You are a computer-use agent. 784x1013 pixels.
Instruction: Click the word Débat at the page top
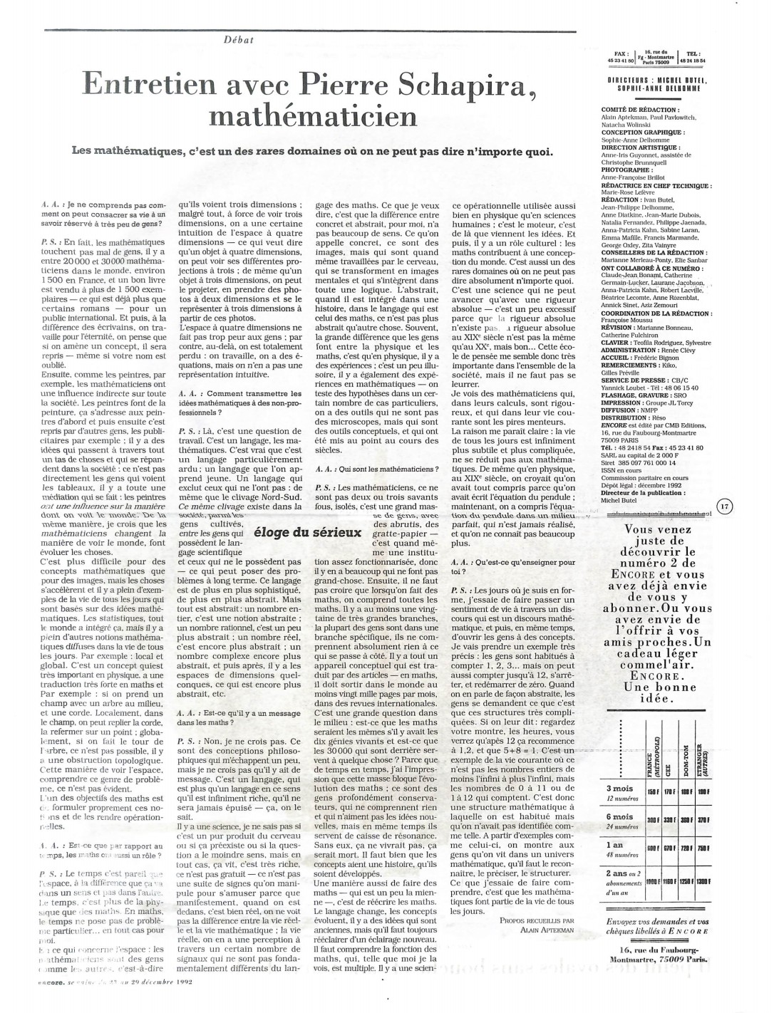pyautogui.click(x=239, y=39)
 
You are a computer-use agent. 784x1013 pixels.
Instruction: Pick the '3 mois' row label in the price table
pyautogui.click(x=620, y=788)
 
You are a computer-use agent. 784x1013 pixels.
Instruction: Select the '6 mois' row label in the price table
pyautogui.click(x=620, y=816)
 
